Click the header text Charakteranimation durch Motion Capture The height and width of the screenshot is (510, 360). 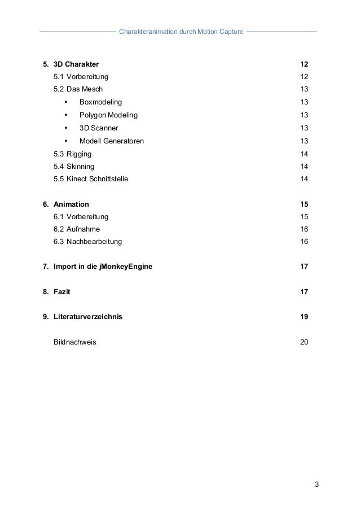[181, 31]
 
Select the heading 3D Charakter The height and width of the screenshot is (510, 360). [76, 64]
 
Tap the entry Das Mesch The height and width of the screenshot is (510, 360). [85, 89]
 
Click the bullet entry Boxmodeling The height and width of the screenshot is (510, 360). [100, 102]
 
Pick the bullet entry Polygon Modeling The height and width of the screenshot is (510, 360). [108, 115]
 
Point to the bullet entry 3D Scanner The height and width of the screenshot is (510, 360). [99, 128]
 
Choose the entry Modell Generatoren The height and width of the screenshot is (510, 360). [111, 141]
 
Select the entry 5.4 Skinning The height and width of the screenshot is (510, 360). [74, 167]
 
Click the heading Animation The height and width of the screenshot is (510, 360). [71, 204]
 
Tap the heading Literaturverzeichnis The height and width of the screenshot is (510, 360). [87, 317]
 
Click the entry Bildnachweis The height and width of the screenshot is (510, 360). [74, 342]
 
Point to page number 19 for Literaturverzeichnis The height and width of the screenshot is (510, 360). [304, 317]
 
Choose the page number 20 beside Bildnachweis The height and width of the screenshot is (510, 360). [304, 342]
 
